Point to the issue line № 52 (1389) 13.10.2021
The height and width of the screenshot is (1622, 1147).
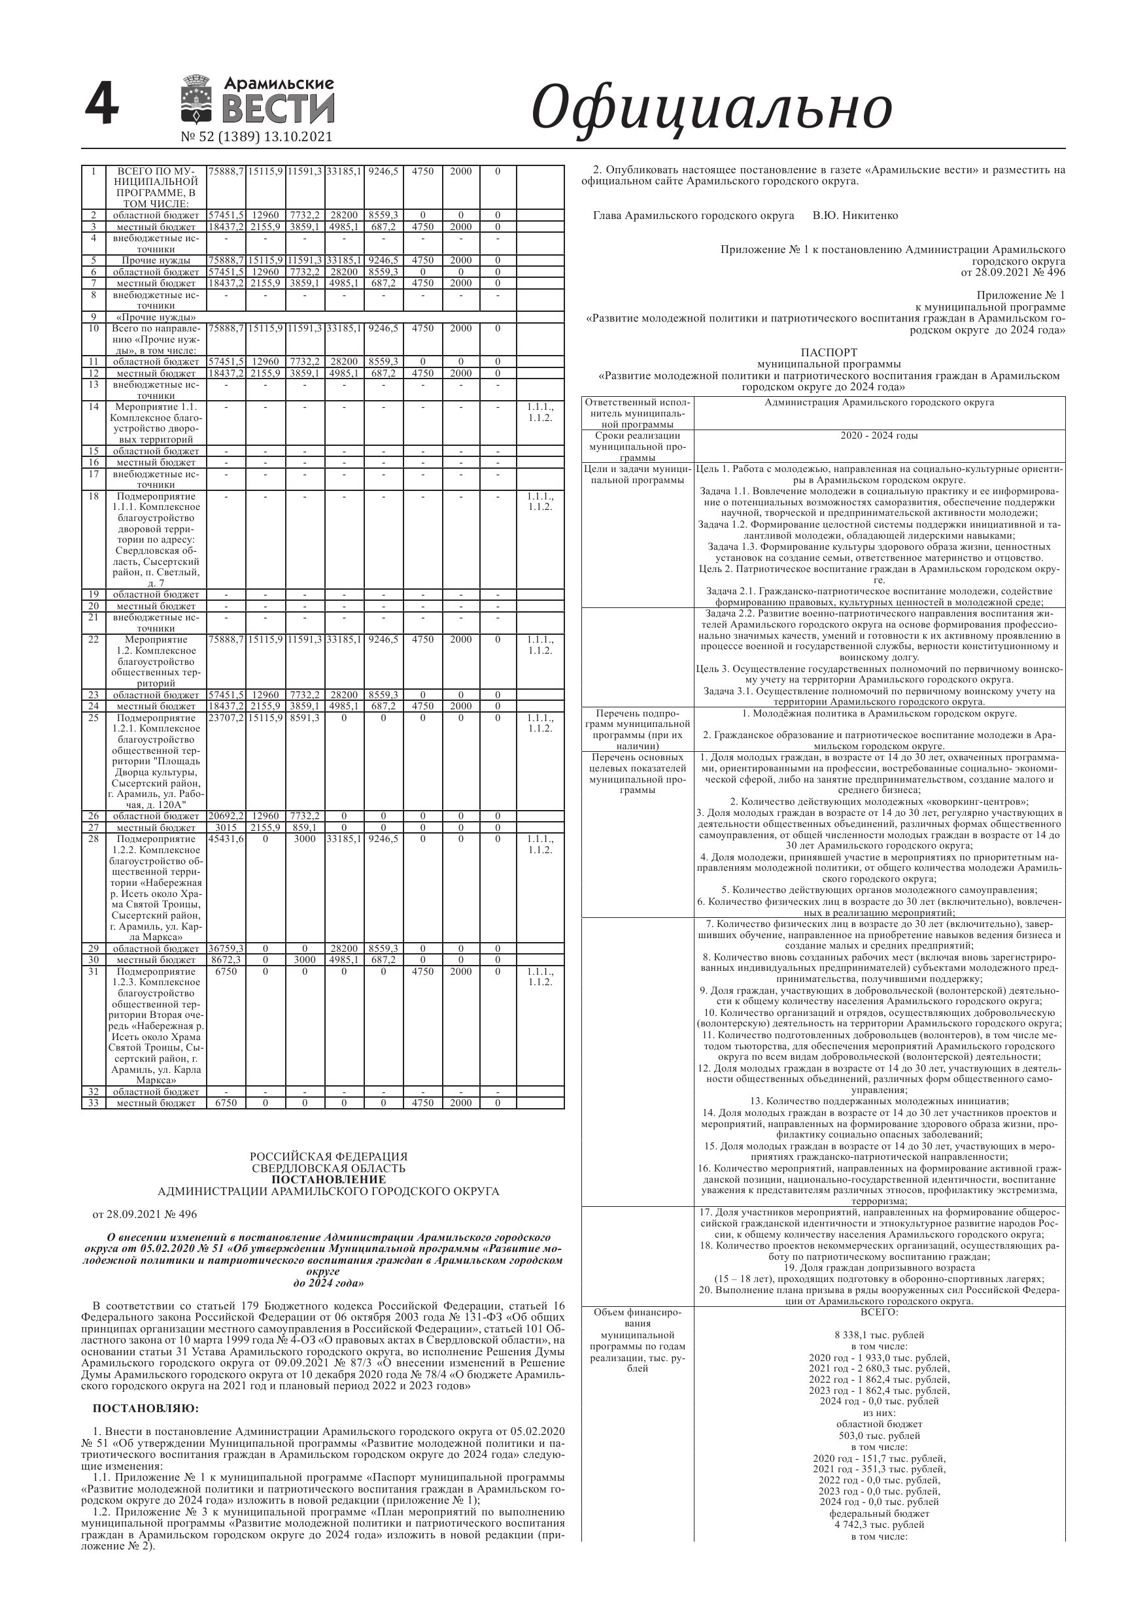coord(256,137)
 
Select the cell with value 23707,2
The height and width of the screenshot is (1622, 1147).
coord(226,718)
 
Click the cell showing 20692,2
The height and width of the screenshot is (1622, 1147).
coord(226,816)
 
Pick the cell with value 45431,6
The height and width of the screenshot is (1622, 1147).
coord(226,839)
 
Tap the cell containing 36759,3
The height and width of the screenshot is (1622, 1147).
coord(226,949)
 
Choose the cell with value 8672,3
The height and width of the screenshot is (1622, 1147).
coord(226,960)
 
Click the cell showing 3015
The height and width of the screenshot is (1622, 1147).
coord(226,827)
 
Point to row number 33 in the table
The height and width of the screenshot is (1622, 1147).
coord(94,1103)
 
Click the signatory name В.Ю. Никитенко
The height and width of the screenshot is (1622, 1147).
coord(855,216)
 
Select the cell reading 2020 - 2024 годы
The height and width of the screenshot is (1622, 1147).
coord(879,436)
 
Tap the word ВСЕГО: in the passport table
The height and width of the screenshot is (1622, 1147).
coord(879,1312)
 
